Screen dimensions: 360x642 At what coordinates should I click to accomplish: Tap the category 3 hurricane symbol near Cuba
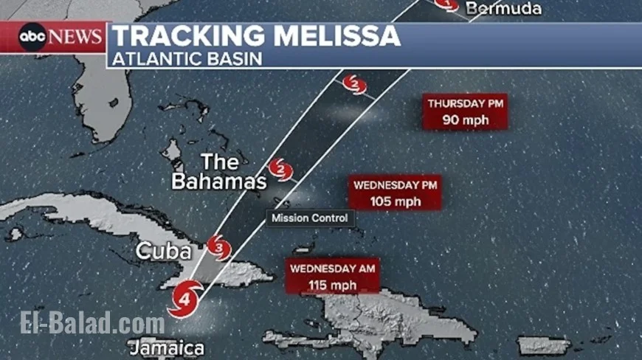218,247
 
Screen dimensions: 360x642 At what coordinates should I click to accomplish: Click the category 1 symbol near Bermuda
445,4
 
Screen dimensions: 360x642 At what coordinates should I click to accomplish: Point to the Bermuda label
505,9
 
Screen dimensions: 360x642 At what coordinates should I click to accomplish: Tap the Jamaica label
166,347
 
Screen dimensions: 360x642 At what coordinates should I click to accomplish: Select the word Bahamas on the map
218,181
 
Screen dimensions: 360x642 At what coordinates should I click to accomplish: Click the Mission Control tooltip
308,218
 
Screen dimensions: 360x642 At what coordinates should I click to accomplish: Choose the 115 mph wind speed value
333,285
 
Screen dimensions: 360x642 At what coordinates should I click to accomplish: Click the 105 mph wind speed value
396,201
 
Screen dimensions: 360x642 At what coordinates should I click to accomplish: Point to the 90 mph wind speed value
465,120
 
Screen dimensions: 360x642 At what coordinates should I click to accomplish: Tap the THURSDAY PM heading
465,104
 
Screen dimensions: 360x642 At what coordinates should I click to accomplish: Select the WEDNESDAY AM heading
333,269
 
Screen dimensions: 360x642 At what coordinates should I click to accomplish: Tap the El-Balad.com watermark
92,323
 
